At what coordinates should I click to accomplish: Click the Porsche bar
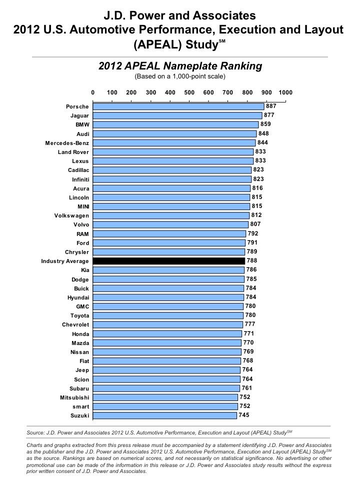(x=178, y=106)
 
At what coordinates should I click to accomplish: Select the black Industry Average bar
(x=169, y=261)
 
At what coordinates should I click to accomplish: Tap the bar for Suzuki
(x=165, y=415)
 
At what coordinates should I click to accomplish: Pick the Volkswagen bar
(x=171, y=215)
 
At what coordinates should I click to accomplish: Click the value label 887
(x=271, y=106)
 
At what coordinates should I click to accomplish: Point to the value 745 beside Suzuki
(x=244, y=415)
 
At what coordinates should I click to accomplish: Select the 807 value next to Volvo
(x=255, y=224)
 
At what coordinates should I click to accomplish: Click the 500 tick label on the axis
(x=189, y=92)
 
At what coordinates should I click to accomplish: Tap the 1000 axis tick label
(x=285, y=92)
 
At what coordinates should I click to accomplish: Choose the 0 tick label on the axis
(x=93, y=92)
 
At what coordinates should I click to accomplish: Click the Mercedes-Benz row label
(x=67, y=143)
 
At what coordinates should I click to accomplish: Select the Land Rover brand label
(x=73, y=152)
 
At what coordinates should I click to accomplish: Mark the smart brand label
(x=79, y=406)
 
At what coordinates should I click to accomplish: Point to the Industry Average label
(x=65, y=261)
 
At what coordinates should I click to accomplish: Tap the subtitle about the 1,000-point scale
(x=180, y=76)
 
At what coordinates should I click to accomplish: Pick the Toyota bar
(x=168, y=315)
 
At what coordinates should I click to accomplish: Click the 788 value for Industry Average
(x=251, y=261)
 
